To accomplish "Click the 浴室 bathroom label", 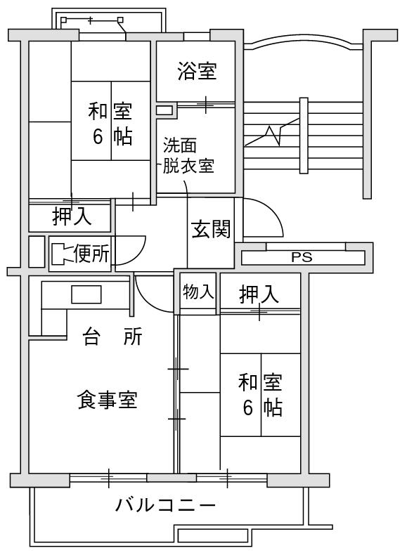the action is point(197,71).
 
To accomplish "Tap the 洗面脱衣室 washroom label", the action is point(188,155).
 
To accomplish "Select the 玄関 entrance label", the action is point(211,229).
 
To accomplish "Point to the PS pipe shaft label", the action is point(302,257).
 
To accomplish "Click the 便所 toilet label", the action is point(92,254).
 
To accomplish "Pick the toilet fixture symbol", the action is point(61,254).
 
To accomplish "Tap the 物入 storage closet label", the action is point(198,292).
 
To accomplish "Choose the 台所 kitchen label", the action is point(112,337).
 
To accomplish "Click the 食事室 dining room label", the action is point(107,400).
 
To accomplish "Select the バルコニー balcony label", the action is point(165,504).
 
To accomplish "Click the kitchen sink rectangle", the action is point(86,294).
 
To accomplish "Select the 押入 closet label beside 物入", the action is point(259,294).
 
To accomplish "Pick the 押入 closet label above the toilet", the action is point(72,216).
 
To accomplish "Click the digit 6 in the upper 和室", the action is point(98,136).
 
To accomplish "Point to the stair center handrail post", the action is point(304,136).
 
